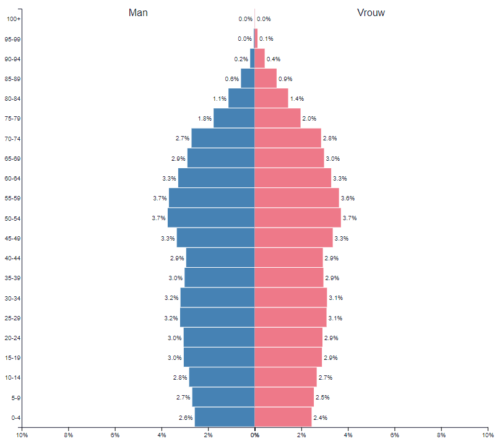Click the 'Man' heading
click(138, 12)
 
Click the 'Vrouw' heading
click(371, 12)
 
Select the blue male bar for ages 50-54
click(211, 218)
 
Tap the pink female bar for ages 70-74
click(288, 138)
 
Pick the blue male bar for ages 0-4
click(225, 417)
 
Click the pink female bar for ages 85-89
click(266, 79)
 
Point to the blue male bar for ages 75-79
click(234, 118)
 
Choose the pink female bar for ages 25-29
click(290, 318)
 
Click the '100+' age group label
click(14, 19)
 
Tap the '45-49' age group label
click(13, 238)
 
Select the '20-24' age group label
click(13, 338)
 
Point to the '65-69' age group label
click(13, 158)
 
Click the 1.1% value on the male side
click(219, 99)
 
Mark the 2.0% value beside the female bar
click(309, 119)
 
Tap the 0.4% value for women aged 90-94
click(273, 59)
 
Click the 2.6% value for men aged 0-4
click(185, 418)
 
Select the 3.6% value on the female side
click(348, 199)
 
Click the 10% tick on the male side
click(22, 435)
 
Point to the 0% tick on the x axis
click(254, 435)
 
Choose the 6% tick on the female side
click(395, 435)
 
